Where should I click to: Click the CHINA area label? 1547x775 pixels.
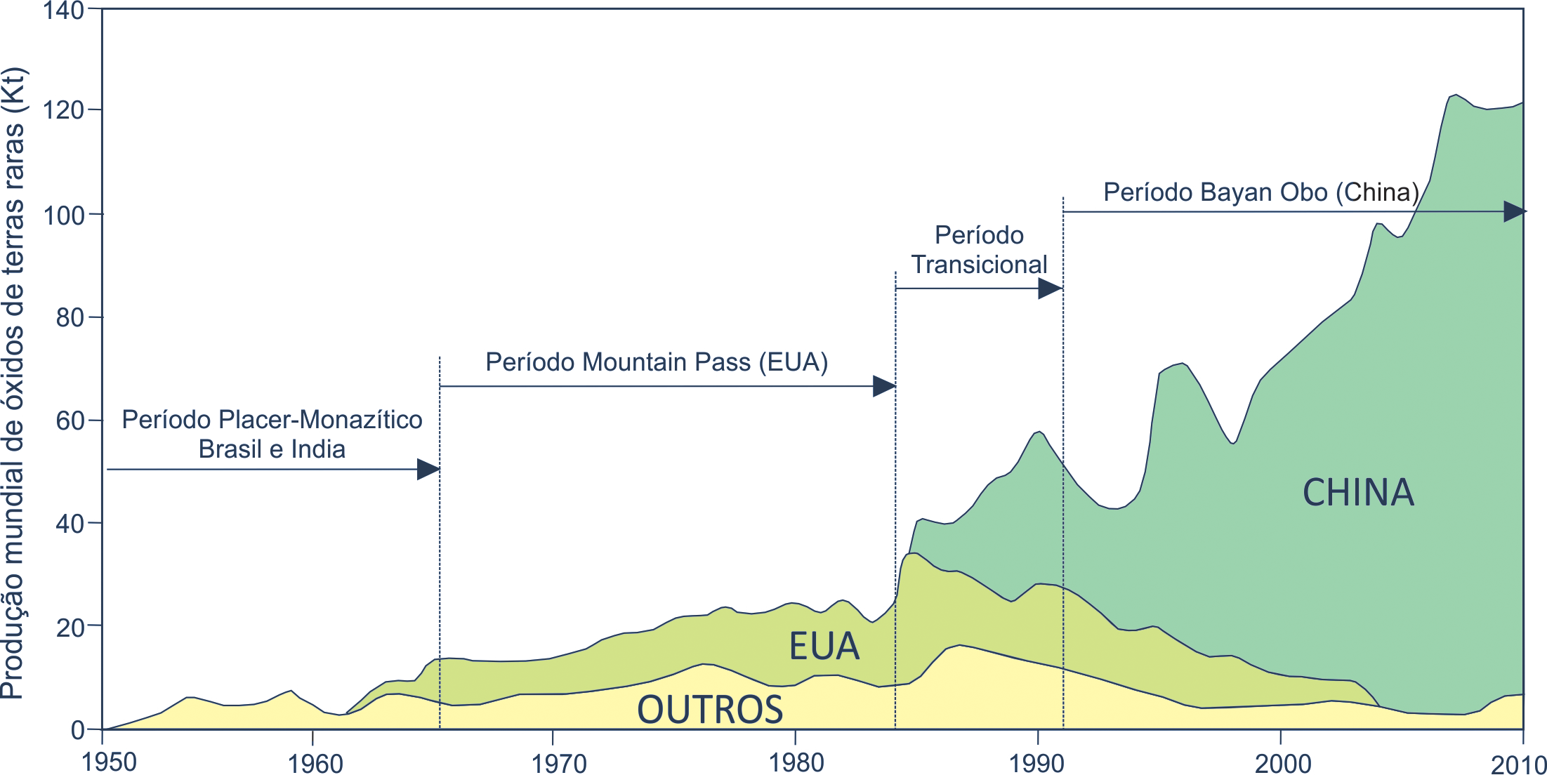point(1358,492)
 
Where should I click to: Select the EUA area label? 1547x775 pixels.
point(824,646)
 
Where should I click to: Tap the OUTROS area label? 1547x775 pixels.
point(710,709)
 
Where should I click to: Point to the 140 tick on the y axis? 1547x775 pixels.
point(63,11)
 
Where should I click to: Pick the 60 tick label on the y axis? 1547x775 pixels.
point(70,421)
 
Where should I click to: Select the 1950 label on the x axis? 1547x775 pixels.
point(109,762)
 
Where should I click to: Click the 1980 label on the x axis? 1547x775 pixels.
point(796,762)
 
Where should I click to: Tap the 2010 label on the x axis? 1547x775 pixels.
point(1519,764)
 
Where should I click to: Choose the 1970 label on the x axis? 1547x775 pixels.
point(559,763)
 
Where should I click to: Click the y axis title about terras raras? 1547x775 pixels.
point(14,383)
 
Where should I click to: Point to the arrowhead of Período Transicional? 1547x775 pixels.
point(1050,289)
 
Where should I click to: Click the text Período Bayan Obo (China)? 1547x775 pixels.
point(1261,192)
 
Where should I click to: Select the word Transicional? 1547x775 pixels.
point(979,265)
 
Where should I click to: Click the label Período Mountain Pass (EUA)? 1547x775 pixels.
point(657,362)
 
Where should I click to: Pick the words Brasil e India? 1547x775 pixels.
point(272,449)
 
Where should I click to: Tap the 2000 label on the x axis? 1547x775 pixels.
point(1283,763)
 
